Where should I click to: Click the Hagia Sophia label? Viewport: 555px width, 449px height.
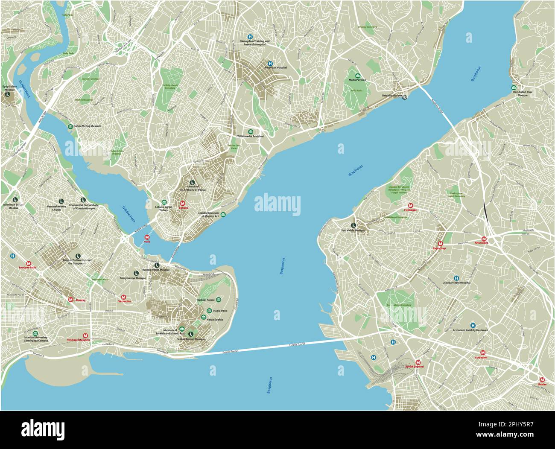click(217, 319)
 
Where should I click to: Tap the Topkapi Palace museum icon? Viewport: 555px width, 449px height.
click(219, 300)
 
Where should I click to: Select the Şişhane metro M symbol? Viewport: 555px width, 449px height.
click(183, 203)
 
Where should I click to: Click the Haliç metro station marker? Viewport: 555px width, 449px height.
click(147, 237)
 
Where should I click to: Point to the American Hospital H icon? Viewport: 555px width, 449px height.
click(270, 63)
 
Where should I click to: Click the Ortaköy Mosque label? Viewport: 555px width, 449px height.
click(391, 96)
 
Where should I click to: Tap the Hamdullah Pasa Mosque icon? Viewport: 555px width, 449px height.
click(514, 87)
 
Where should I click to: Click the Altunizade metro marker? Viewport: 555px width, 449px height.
click(484, 239)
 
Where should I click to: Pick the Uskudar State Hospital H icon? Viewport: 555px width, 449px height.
click(456, 277)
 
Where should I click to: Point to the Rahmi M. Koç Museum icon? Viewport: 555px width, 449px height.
click(70, 126)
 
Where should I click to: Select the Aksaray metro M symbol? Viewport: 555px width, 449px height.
click(71, 300)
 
